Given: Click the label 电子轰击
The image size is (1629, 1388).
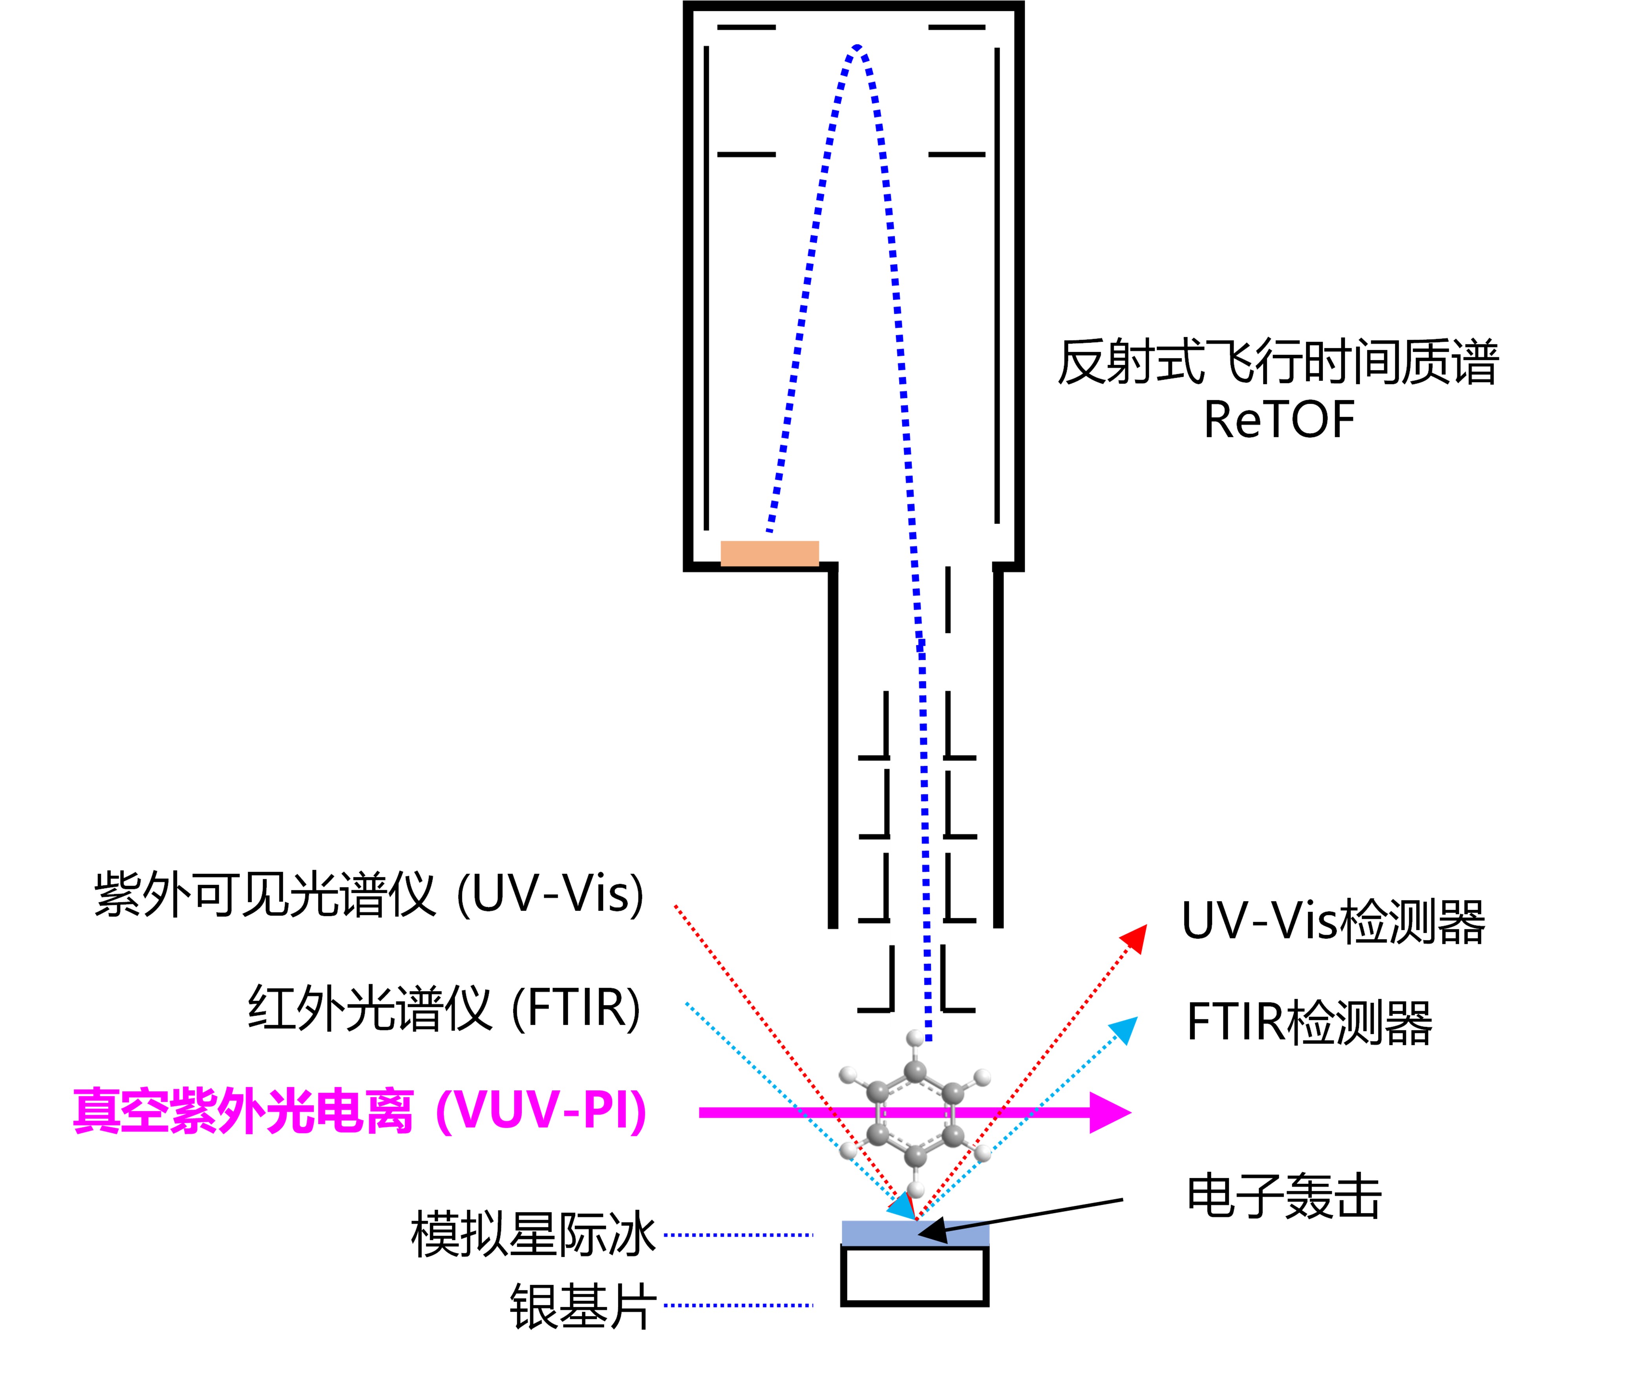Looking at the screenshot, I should point(1284,1197).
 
